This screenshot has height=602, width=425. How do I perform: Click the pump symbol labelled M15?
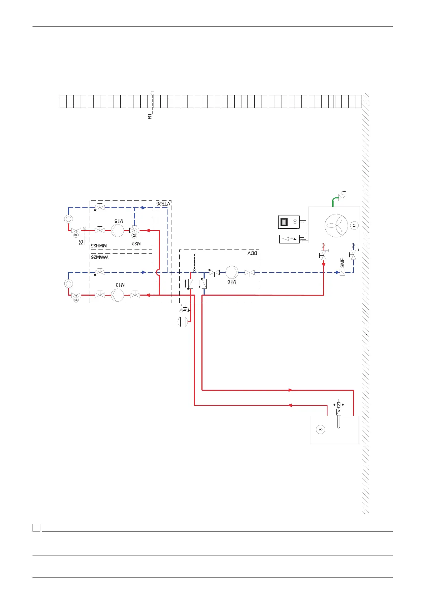117,231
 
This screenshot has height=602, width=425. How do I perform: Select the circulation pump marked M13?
117,295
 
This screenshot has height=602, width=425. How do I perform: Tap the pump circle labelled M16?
232,272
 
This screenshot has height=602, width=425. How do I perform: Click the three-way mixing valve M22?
134,231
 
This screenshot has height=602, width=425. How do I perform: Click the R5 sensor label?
81,242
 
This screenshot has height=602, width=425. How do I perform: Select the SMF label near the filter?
342,263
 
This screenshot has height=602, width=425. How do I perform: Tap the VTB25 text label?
163,203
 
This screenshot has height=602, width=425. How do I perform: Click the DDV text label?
252,253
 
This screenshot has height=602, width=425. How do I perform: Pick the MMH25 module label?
99,246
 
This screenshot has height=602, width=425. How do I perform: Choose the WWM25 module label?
100,257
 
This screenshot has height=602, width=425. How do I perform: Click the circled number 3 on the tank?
321,429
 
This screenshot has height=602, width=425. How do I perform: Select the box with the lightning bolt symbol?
289,239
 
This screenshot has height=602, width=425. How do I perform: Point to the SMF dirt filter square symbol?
342,272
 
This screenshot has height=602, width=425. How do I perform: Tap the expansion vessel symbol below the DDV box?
183,322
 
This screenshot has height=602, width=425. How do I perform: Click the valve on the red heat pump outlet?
324,256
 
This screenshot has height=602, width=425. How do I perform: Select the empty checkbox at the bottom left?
36,527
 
